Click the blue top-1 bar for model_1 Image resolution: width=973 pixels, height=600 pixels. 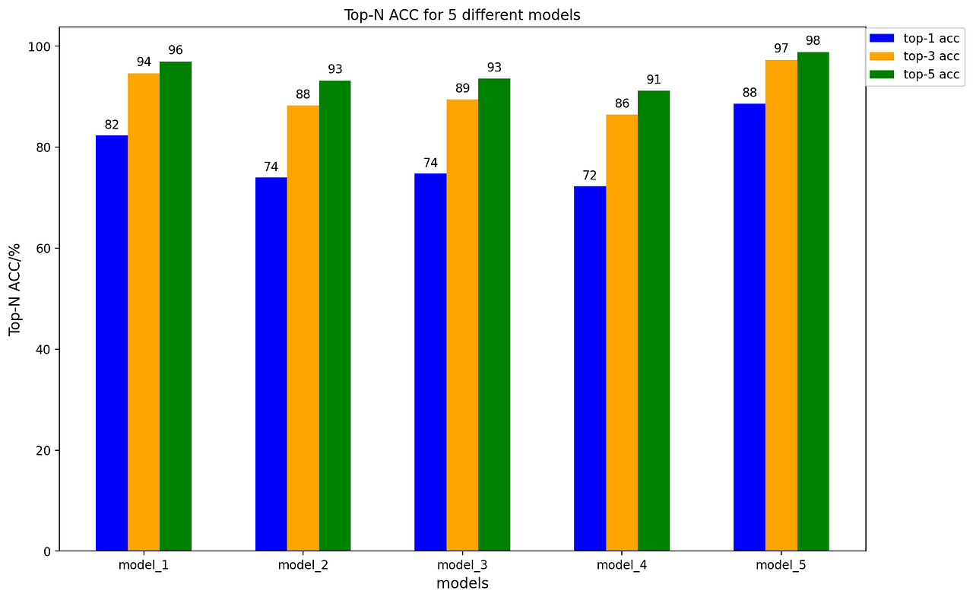click(112, 343)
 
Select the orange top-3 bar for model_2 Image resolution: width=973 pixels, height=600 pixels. click(303, 328)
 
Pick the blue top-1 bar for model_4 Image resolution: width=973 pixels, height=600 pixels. click(590, 368)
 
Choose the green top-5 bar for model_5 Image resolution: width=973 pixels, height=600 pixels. click(813, 301)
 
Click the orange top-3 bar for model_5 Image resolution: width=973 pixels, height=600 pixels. click(781, 305)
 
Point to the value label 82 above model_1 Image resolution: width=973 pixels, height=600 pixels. click(112, 125)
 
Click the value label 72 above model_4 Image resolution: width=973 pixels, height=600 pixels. click(590, 176)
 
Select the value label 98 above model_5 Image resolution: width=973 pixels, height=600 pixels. click(813, 41)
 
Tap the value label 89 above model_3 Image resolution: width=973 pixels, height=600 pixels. click(462, 88)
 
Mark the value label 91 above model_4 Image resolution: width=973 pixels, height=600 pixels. click(654, 80)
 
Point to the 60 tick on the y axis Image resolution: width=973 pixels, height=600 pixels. click(43, 249)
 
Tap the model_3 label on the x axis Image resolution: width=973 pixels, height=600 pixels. click(462, 565)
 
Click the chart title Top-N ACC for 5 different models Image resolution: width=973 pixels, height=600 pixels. click(462, 15)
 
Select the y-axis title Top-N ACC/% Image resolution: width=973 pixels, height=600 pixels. click(15, 289)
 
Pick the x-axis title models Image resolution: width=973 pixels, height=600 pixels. click(462, 583)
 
